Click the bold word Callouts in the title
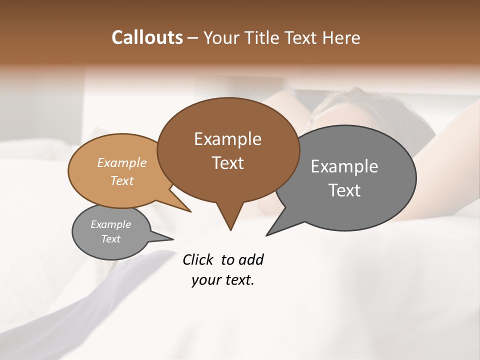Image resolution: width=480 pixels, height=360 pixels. point(147,37)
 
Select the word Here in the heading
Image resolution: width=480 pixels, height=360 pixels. point(342,37)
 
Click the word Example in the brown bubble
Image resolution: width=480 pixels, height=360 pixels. point(227,139)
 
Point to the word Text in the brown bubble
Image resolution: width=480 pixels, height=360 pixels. point(227,163)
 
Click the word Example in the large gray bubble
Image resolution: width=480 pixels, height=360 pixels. point(344,166)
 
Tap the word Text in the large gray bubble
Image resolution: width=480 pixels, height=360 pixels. point(344,190)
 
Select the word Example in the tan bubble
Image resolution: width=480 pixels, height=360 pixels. point(122,163)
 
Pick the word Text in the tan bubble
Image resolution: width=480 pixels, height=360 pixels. point(122,180)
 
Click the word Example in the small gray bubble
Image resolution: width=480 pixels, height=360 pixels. point(110,224)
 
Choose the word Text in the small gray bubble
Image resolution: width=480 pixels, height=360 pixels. point(110,239)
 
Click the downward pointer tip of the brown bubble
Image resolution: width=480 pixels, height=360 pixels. point(230,230)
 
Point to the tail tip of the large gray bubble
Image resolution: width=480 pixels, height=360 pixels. point(266,235)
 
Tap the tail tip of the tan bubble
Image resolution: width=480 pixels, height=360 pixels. point(190,212)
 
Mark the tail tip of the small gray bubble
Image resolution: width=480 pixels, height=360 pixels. point(173,239)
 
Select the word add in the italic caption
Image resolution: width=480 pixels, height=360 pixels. point(251,260)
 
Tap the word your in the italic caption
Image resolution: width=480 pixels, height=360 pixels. point(206,280)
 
